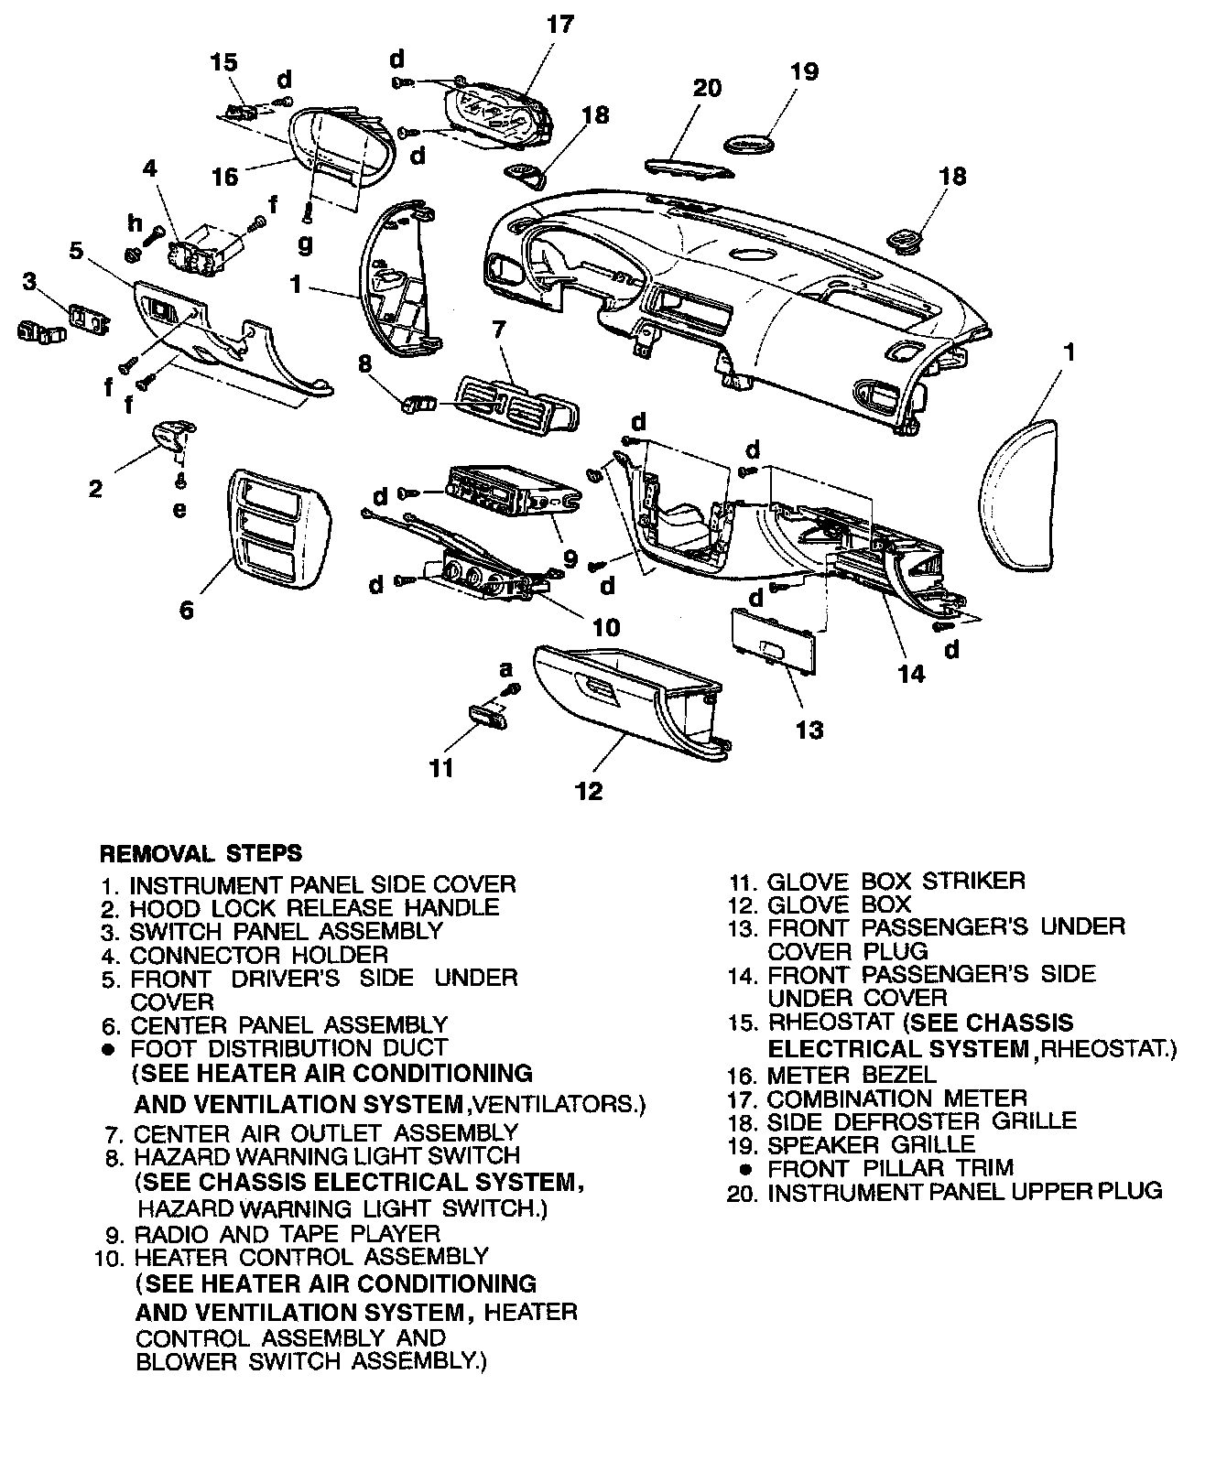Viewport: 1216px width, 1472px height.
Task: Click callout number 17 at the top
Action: coord(559,24)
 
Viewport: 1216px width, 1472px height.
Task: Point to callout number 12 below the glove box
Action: coord(589,790)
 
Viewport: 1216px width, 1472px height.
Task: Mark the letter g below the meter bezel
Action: coord(305,244)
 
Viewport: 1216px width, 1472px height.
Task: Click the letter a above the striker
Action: coord(505,669)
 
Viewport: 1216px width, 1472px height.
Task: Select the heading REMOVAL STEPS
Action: coord(200,853)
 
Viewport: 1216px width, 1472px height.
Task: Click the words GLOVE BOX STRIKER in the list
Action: coord(896,882)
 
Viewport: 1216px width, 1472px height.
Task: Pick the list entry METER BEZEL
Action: coord(852,1075)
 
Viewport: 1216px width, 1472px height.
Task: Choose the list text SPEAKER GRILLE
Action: coord(871,1144)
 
